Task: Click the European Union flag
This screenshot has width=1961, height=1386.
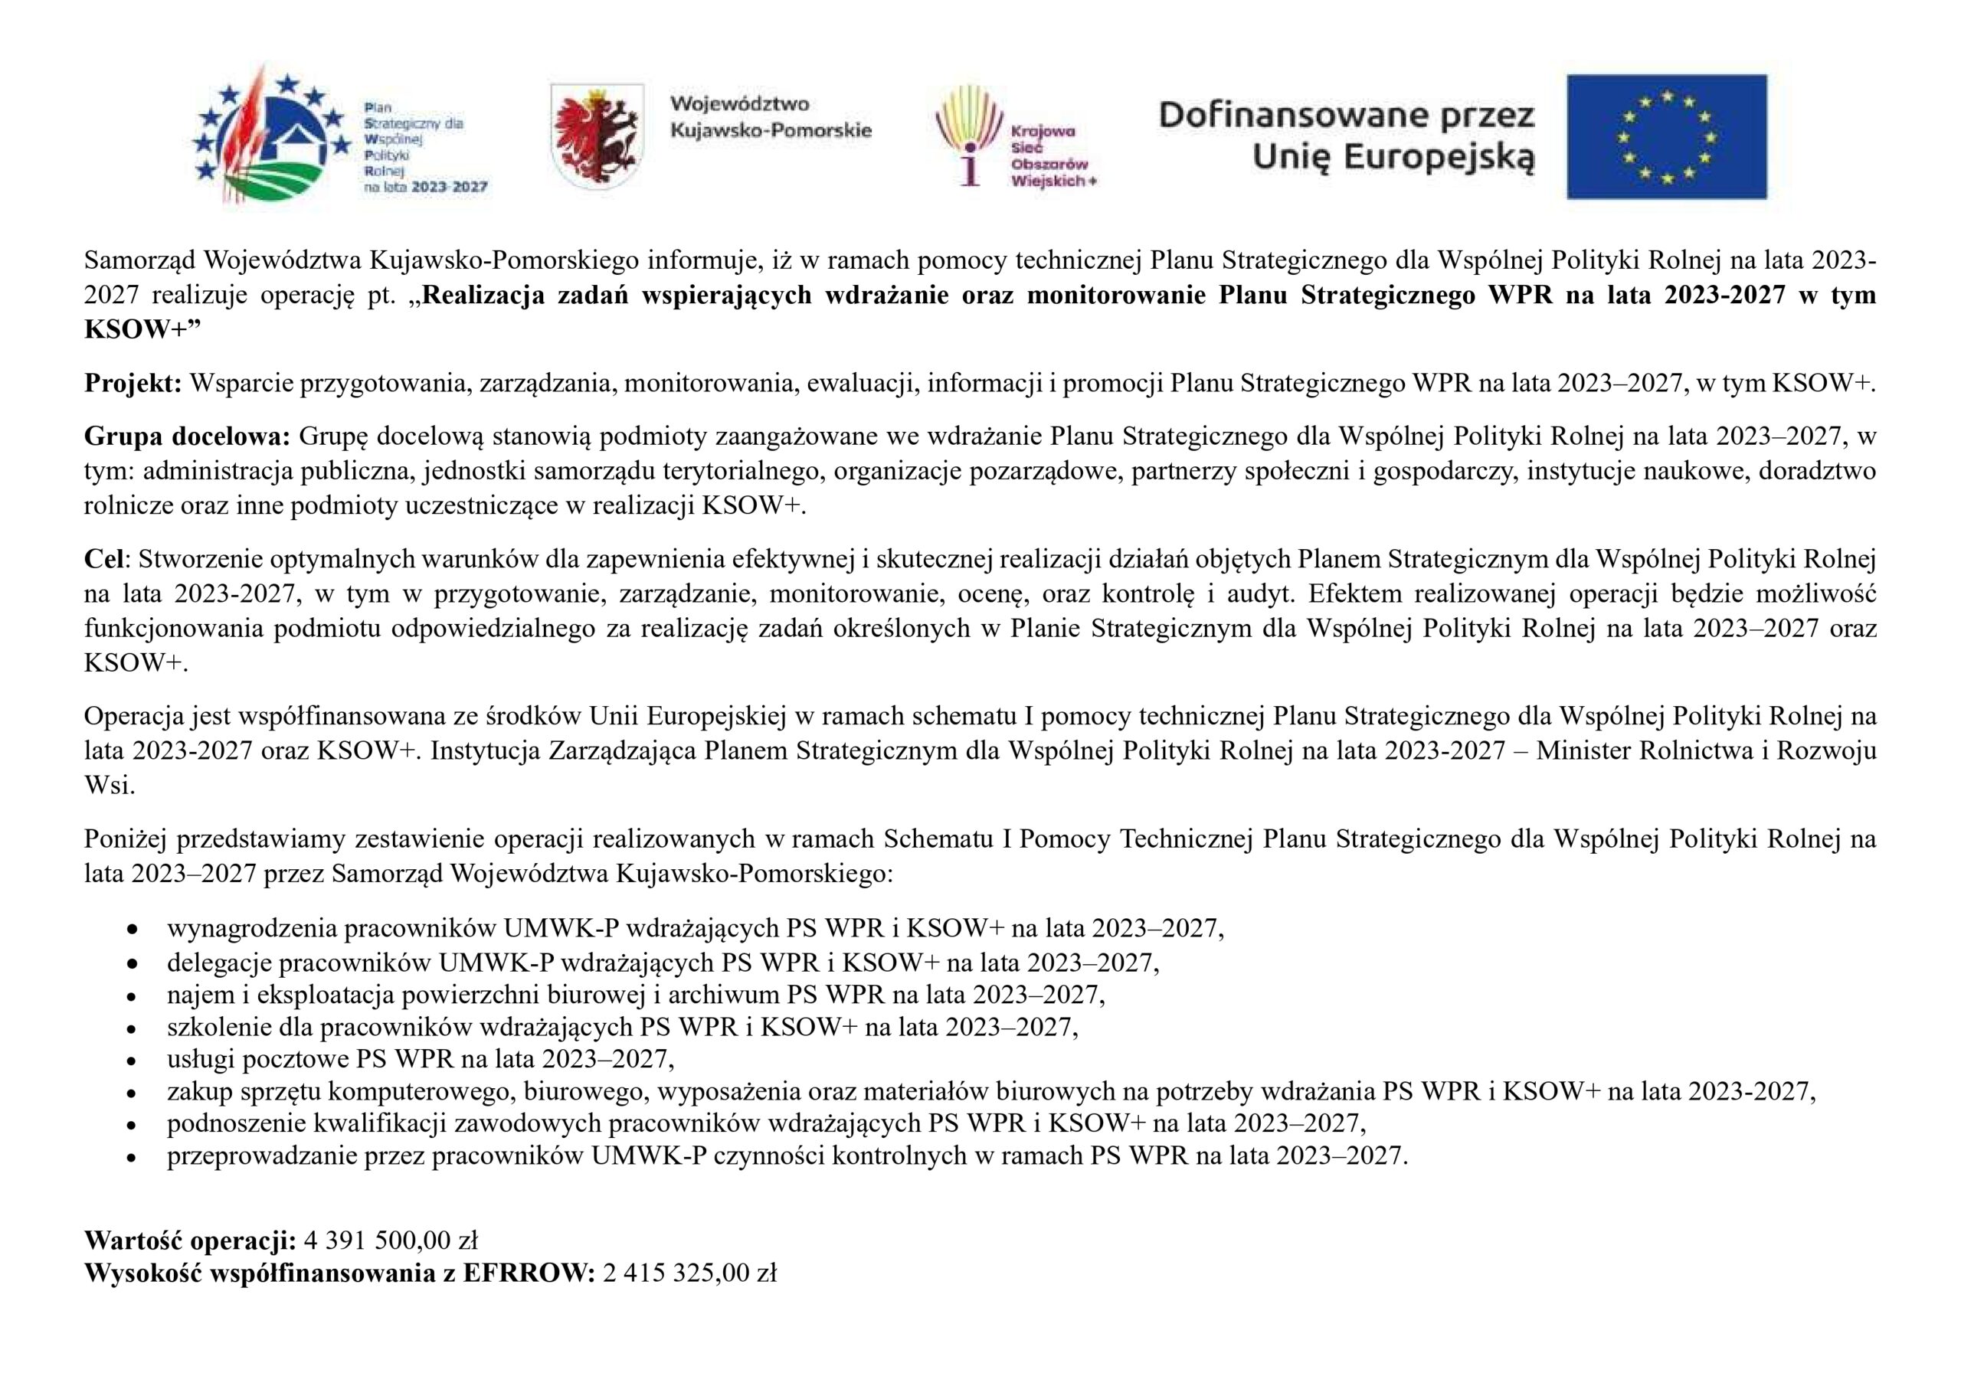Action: coord(1665,136)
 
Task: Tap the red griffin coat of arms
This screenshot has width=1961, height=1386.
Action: coord(597,136)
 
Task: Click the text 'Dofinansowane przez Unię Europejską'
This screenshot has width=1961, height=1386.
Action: coord(1346,136)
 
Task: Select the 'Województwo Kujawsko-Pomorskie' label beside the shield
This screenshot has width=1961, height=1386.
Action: coord(771,118)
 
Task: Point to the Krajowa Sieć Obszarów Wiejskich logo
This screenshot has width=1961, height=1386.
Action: coord(1015,136)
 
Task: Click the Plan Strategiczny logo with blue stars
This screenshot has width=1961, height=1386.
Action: coord(342,136)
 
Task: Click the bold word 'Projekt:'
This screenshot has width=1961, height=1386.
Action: coord(133,384)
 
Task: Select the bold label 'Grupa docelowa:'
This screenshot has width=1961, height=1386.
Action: coord(188,436)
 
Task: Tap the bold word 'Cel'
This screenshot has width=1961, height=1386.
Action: coord(103,559)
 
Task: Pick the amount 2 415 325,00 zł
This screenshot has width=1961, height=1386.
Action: coord(689,1274)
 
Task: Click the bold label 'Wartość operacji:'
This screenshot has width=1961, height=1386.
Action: coord(191,1240)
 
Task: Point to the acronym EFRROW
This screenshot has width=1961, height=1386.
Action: coord(528,1274)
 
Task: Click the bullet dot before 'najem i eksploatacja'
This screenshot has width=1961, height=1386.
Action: coord(131,996)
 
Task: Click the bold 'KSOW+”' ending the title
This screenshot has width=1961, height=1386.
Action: coord(141,331)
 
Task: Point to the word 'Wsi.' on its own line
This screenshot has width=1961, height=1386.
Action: coord(110,786)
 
